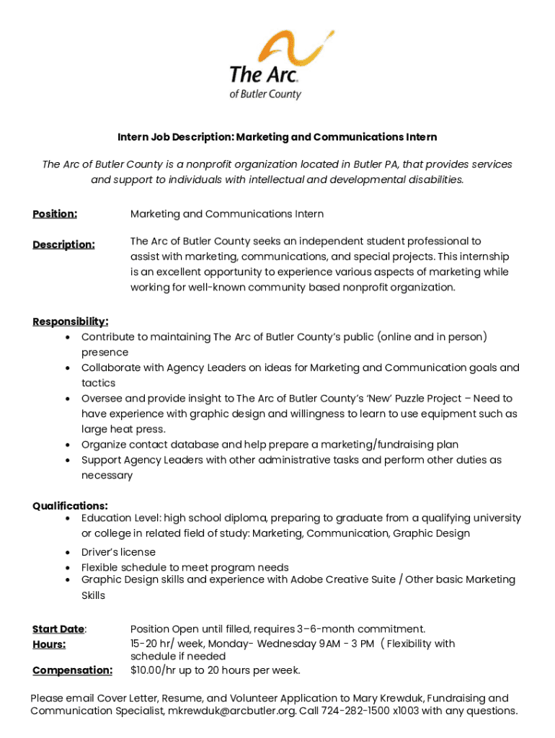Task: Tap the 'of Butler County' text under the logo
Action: click(x=265, y=94)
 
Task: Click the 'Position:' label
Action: click(x=55, y=214)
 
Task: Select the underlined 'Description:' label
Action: click(x=63, y=245)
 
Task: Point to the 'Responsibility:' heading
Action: click(x=71, y=321)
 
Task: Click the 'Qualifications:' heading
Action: click(x=71, y=506)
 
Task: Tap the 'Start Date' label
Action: click(x=58, y=629)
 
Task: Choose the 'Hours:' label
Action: click(x=49, y=644)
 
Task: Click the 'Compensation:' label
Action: click(x=72, y=671)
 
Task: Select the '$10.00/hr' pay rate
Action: click(x=154, y=671)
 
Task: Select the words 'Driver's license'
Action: click(x=118, y=552)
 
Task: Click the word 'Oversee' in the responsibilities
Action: click(x=102, y=399)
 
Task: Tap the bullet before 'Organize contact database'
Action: click(x=67, y=445)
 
